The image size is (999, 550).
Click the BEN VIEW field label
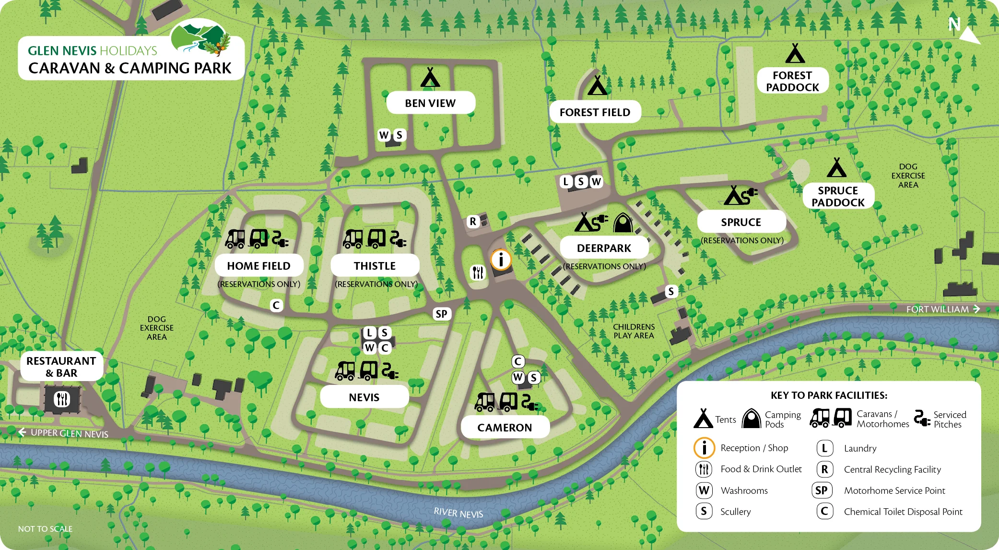[x=430, y=103]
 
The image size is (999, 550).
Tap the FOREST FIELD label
[x=595, y=112]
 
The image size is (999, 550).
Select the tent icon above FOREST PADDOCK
[x=795, y=54]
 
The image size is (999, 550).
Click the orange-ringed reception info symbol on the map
[x=501, y=260]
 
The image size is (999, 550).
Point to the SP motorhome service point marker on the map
[x=441, y=314]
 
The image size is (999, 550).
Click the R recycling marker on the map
[x=473, y=221]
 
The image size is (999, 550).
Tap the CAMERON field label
[x=505, y=427]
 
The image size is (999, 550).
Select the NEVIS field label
[x=364, y=397]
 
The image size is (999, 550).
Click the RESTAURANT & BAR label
[x=61, y=367]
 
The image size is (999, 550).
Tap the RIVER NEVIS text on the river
[x=458, y=513]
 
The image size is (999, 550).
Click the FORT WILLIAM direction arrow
[x=976, y=309]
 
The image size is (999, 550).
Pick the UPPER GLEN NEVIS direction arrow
[x=22, y=432]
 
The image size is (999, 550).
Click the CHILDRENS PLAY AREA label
[x=634, y=331]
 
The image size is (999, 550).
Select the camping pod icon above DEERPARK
[x=623, y=223]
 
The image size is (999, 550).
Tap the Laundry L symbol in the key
[x=824, y=448]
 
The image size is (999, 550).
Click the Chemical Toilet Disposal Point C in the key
[x=824, y=511]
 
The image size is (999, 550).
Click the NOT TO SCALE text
[x=45, y=528]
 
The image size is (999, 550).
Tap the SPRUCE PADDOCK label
[x=838, y=196]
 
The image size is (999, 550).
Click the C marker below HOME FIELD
[x=276, y=305]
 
